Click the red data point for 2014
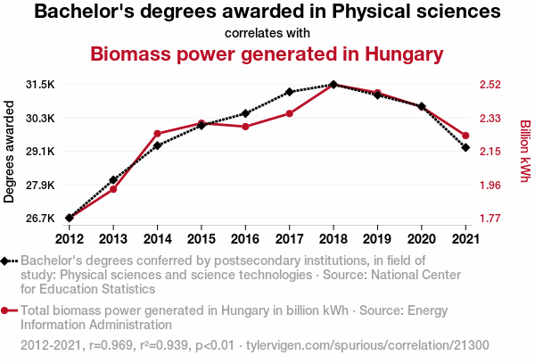coord(157,134)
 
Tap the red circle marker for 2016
coord(245,127)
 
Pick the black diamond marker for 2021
coord(465,147)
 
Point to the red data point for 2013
coord(113,189)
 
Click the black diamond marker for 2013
coord(113,180)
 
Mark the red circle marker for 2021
coord(465,136)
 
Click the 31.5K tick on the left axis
coord(41,85)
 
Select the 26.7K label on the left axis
coord(41,219)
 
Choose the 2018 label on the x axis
coord(333,238)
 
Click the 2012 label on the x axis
coord(70,238)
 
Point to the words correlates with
coord(267,33)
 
